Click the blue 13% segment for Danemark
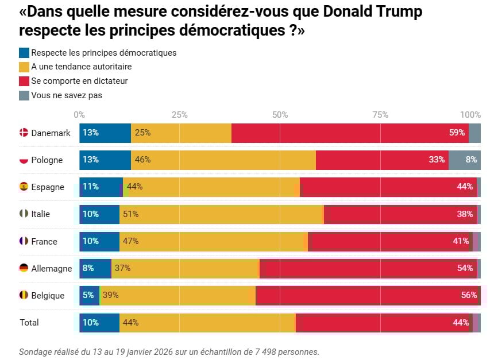click(105, 133)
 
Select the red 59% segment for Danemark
click(350, 133)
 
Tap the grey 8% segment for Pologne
click(464, 160)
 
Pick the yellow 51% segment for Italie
click(221, 214)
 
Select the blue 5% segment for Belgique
click(89, 295)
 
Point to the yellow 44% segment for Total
click(207, 323)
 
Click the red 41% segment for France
click(390, 241)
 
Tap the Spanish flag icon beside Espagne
click(24, 187)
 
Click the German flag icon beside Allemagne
click(24, 268)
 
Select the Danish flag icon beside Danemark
click(24, 133)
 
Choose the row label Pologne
click(47, 160)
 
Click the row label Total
click(29, 323)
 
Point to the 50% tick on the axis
click(280, 114)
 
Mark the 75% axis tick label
click(380, 114)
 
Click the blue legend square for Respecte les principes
click(24, 53)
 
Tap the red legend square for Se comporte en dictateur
click(24, 81)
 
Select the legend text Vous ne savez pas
click(67, 95)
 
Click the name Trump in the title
click(396, 11)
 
